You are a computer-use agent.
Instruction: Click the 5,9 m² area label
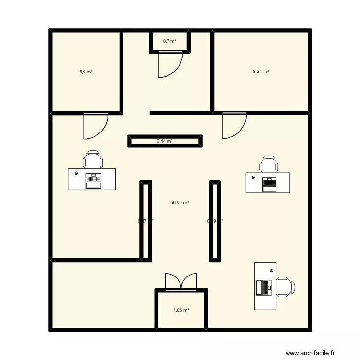[x=86, y=72]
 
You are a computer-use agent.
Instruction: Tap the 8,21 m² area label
[x=261, y=72]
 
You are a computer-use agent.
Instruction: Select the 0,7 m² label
[x=169, y=41]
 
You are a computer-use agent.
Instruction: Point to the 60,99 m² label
[x=180, y=203]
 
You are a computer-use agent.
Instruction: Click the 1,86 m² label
[x=181, y=310]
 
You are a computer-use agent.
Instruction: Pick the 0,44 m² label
[x=165, y=141]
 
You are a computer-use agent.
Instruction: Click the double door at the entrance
[x=181, y=281]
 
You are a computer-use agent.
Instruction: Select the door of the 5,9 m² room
[x=94, y=126]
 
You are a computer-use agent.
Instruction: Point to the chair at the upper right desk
[x=269, y=164]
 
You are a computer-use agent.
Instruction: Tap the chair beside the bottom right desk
[x=286, y=287]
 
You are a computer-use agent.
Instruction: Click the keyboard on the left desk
[x=93, y=180]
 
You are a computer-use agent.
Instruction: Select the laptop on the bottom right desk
[x=264, y=288]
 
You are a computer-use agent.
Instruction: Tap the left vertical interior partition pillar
[x=145, y=221]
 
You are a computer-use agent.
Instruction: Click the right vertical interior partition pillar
[x=215, y=221]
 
